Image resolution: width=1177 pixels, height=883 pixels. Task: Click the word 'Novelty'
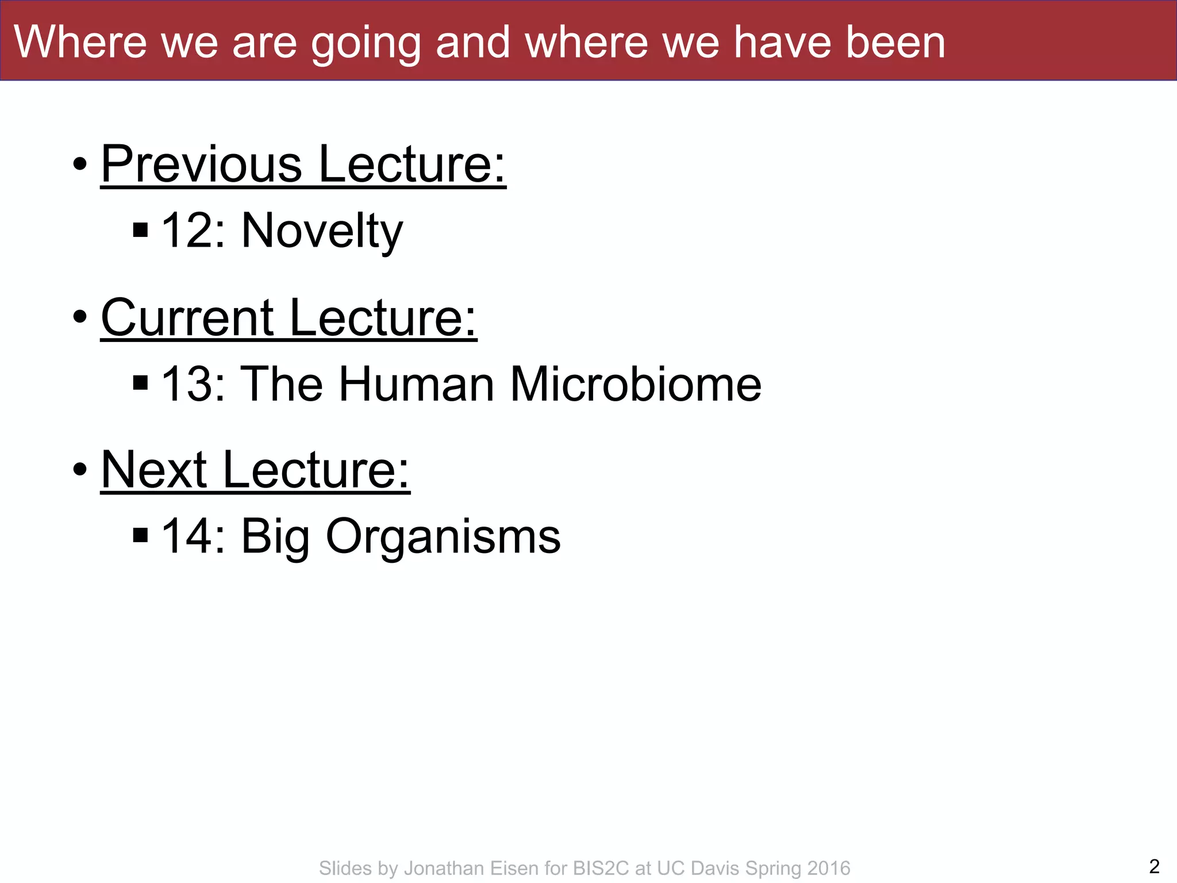(322, 231)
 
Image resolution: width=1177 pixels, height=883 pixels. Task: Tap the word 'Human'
(417, 384)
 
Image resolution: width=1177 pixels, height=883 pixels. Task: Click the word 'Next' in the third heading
(153, 470)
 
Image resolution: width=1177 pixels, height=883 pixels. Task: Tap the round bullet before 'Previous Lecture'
(80, 165)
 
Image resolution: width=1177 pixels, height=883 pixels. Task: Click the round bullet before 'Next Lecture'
(80, 470)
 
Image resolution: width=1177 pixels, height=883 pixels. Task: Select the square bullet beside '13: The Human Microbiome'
(141, 383)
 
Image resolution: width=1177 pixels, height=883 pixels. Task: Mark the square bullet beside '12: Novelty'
(141, 231)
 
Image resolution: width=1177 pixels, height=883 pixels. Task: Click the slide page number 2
(1154, 866)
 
